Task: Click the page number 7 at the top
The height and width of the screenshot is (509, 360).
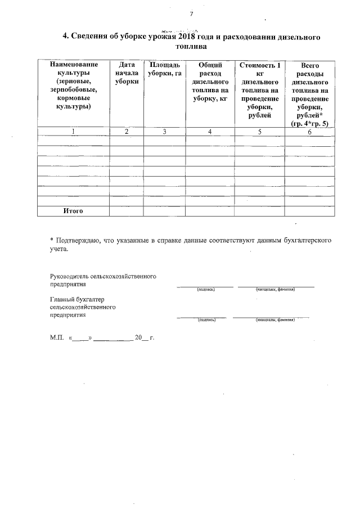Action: [191, 14]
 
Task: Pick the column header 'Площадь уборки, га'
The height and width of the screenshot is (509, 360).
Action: [164, 69]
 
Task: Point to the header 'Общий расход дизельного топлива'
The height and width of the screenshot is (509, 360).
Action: [209, 82]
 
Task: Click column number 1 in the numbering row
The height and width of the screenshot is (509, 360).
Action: [73, 132]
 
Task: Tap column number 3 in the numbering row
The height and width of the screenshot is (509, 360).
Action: [164, 132]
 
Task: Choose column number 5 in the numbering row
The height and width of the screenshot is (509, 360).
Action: [259, 132]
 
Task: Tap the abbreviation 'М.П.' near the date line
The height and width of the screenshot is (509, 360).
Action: [57, 339]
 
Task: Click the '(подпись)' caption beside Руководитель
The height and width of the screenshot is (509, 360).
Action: [204, 290]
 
